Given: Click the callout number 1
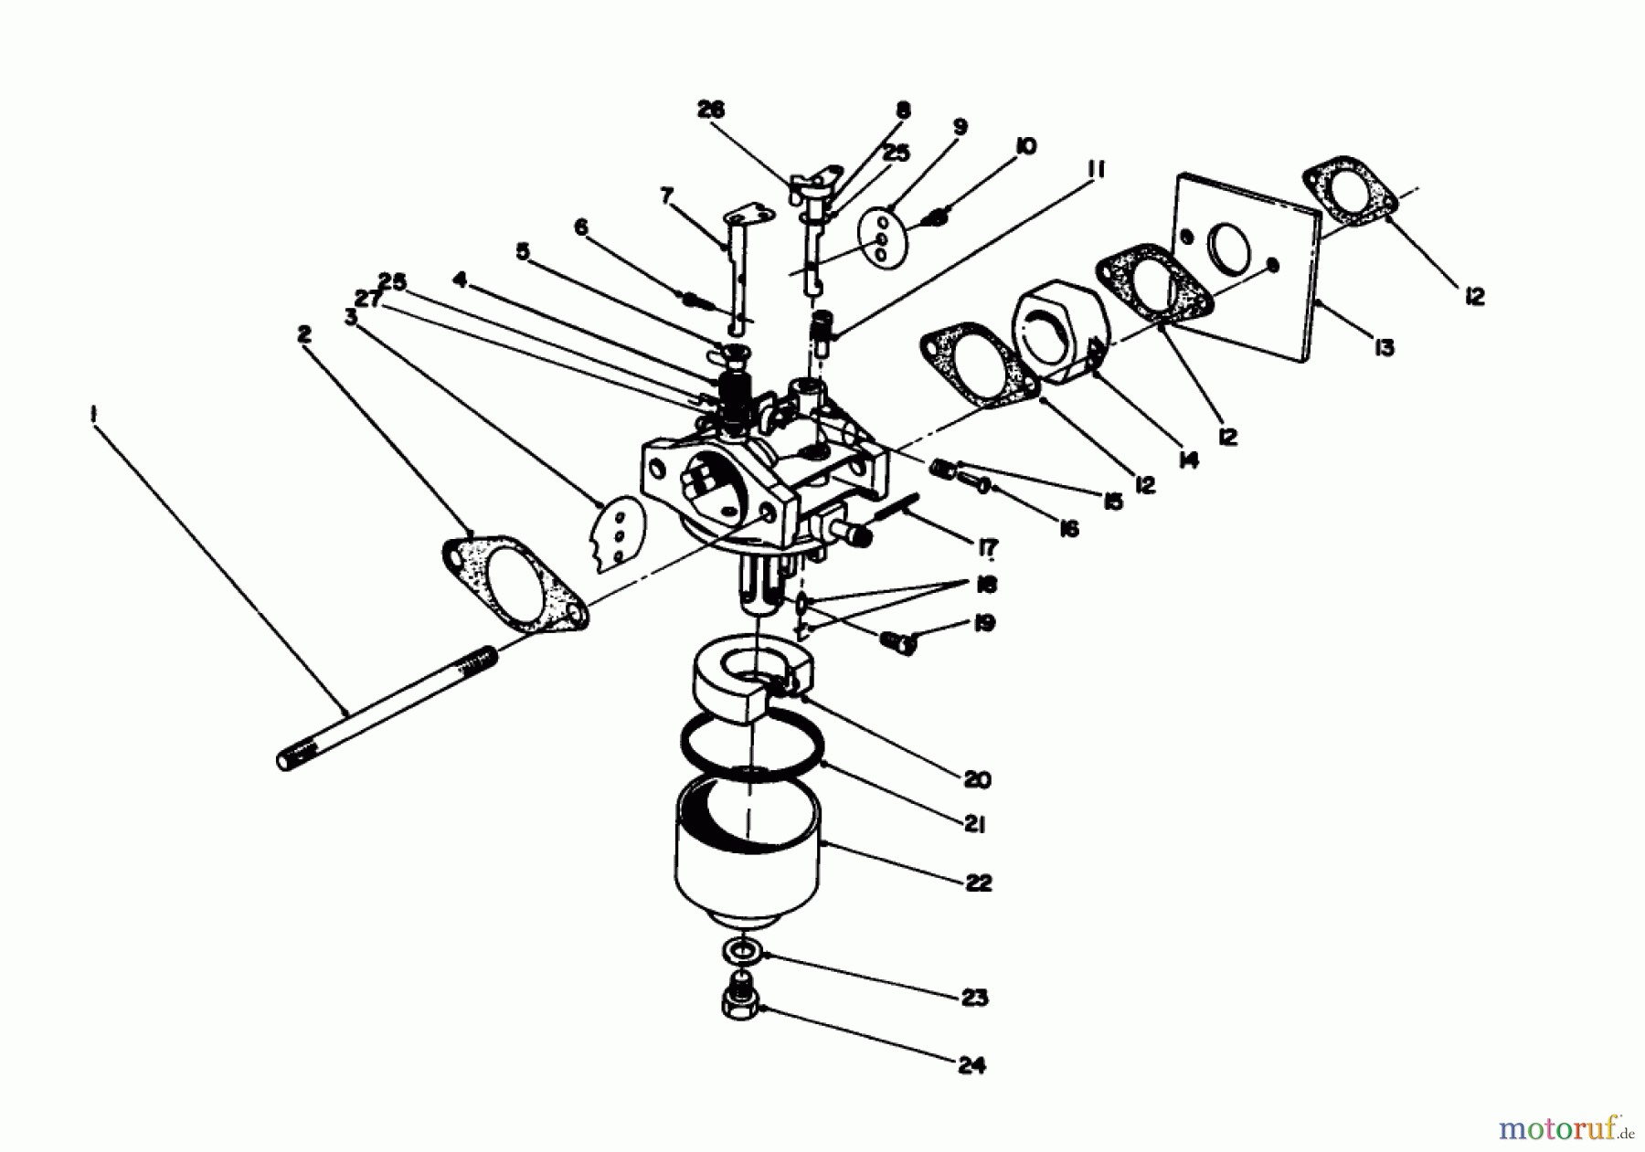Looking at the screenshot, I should (93, 415).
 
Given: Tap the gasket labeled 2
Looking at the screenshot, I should (515, 585).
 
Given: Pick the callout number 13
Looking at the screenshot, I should (1384, 347).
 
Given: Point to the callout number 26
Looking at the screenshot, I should (710, 110).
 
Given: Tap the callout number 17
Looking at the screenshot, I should (987, 547).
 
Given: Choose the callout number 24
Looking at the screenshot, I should (972, 1065).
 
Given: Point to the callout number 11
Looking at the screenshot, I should (1097, 169).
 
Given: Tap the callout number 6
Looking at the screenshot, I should (581, 227).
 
